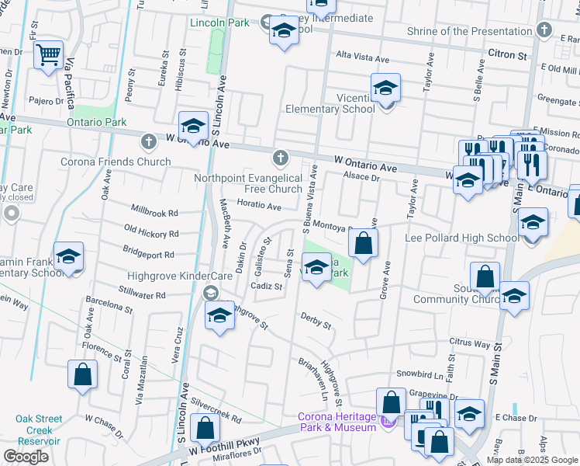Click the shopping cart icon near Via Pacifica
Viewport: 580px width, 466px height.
pos(48,54)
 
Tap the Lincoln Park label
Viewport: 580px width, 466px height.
pos(220,23)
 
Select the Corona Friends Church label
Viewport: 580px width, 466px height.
pos(116,162)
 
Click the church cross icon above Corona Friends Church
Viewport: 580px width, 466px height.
pos(148,141)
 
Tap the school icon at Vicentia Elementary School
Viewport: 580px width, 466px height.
pos(385,89)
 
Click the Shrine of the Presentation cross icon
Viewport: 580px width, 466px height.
pos(544,32)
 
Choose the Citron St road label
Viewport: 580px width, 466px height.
pos(508,55)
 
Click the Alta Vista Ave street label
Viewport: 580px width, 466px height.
pos(362,58)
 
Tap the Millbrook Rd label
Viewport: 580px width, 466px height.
pos(155,212)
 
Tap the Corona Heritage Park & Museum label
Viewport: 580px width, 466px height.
pos(337,422)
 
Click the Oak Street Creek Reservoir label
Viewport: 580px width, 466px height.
pos(39,429)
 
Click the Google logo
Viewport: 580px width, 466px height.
pos(26,457)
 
